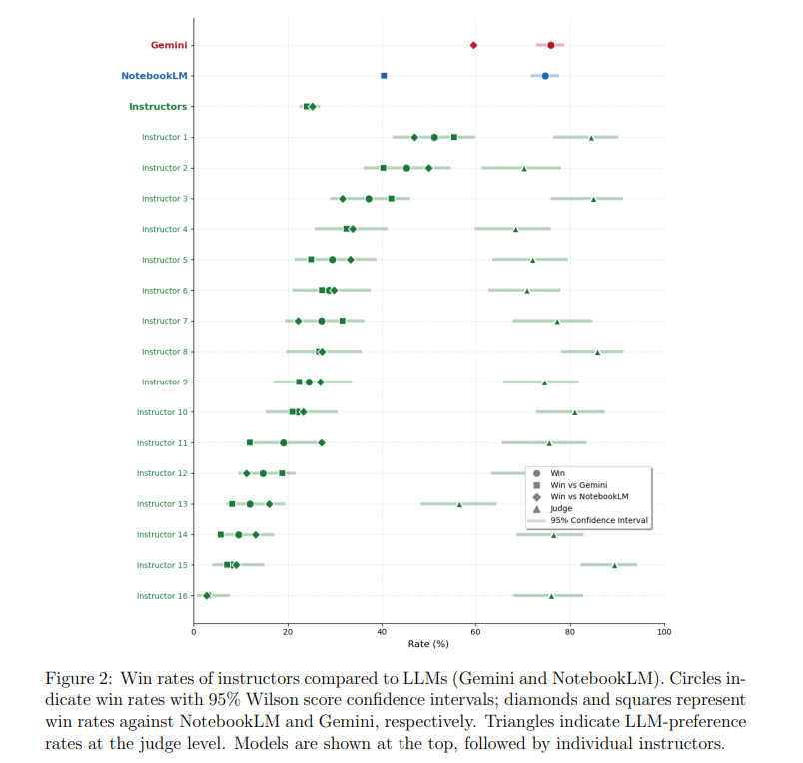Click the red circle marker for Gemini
tap(551, 45)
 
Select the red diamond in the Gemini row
tap(473, 45)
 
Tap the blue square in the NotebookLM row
tap(384, 76)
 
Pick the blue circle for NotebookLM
tap(545, 76)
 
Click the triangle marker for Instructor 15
tap(614, 566)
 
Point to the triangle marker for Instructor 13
tap(459, 505)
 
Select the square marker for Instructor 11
tap(250, 443)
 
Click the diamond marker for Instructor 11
tap(321, 443)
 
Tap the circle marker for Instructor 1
tap(434, 137)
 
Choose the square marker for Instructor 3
tap(392, 198)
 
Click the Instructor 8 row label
tap(165, 352)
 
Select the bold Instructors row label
tap(158, 107)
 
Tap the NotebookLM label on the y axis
tap(154, 76)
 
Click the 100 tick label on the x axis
tap(664, 632)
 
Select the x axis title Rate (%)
tap(428, 644)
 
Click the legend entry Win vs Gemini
tap(578, 485)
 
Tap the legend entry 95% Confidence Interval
tap(599, 520)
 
